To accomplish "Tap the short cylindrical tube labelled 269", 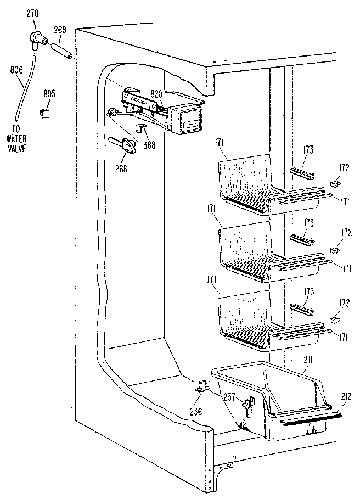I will coord(63,53).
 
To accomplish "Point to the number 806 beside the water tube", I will coord(16,70).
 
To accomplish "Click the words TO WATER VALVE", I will coord(16,141).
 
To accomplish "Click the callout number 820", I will coord(156,94).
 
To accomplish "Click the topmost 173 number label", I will coord(309,149).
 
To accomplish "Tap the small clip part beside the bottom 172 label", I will coord(335,319).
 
